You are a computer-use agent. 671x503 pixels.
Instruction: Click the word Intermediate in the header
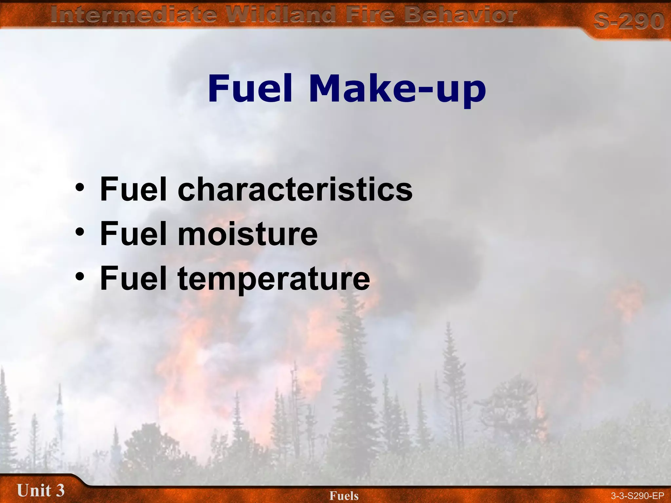coord(134,15)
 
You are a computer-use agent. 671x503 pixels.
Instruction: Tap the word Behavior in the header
coord(460,15)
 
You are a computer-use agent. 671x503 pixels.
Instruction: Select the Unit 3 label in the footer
coord(41,491)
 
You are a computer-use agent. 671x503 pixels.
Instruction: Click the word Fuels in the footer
coord(344,496)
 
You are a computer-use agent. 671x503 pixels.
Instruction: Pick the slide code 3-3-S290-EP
coord(637,496)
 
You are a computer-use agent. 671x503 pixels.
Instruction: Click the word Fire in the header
coord(370,15)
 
